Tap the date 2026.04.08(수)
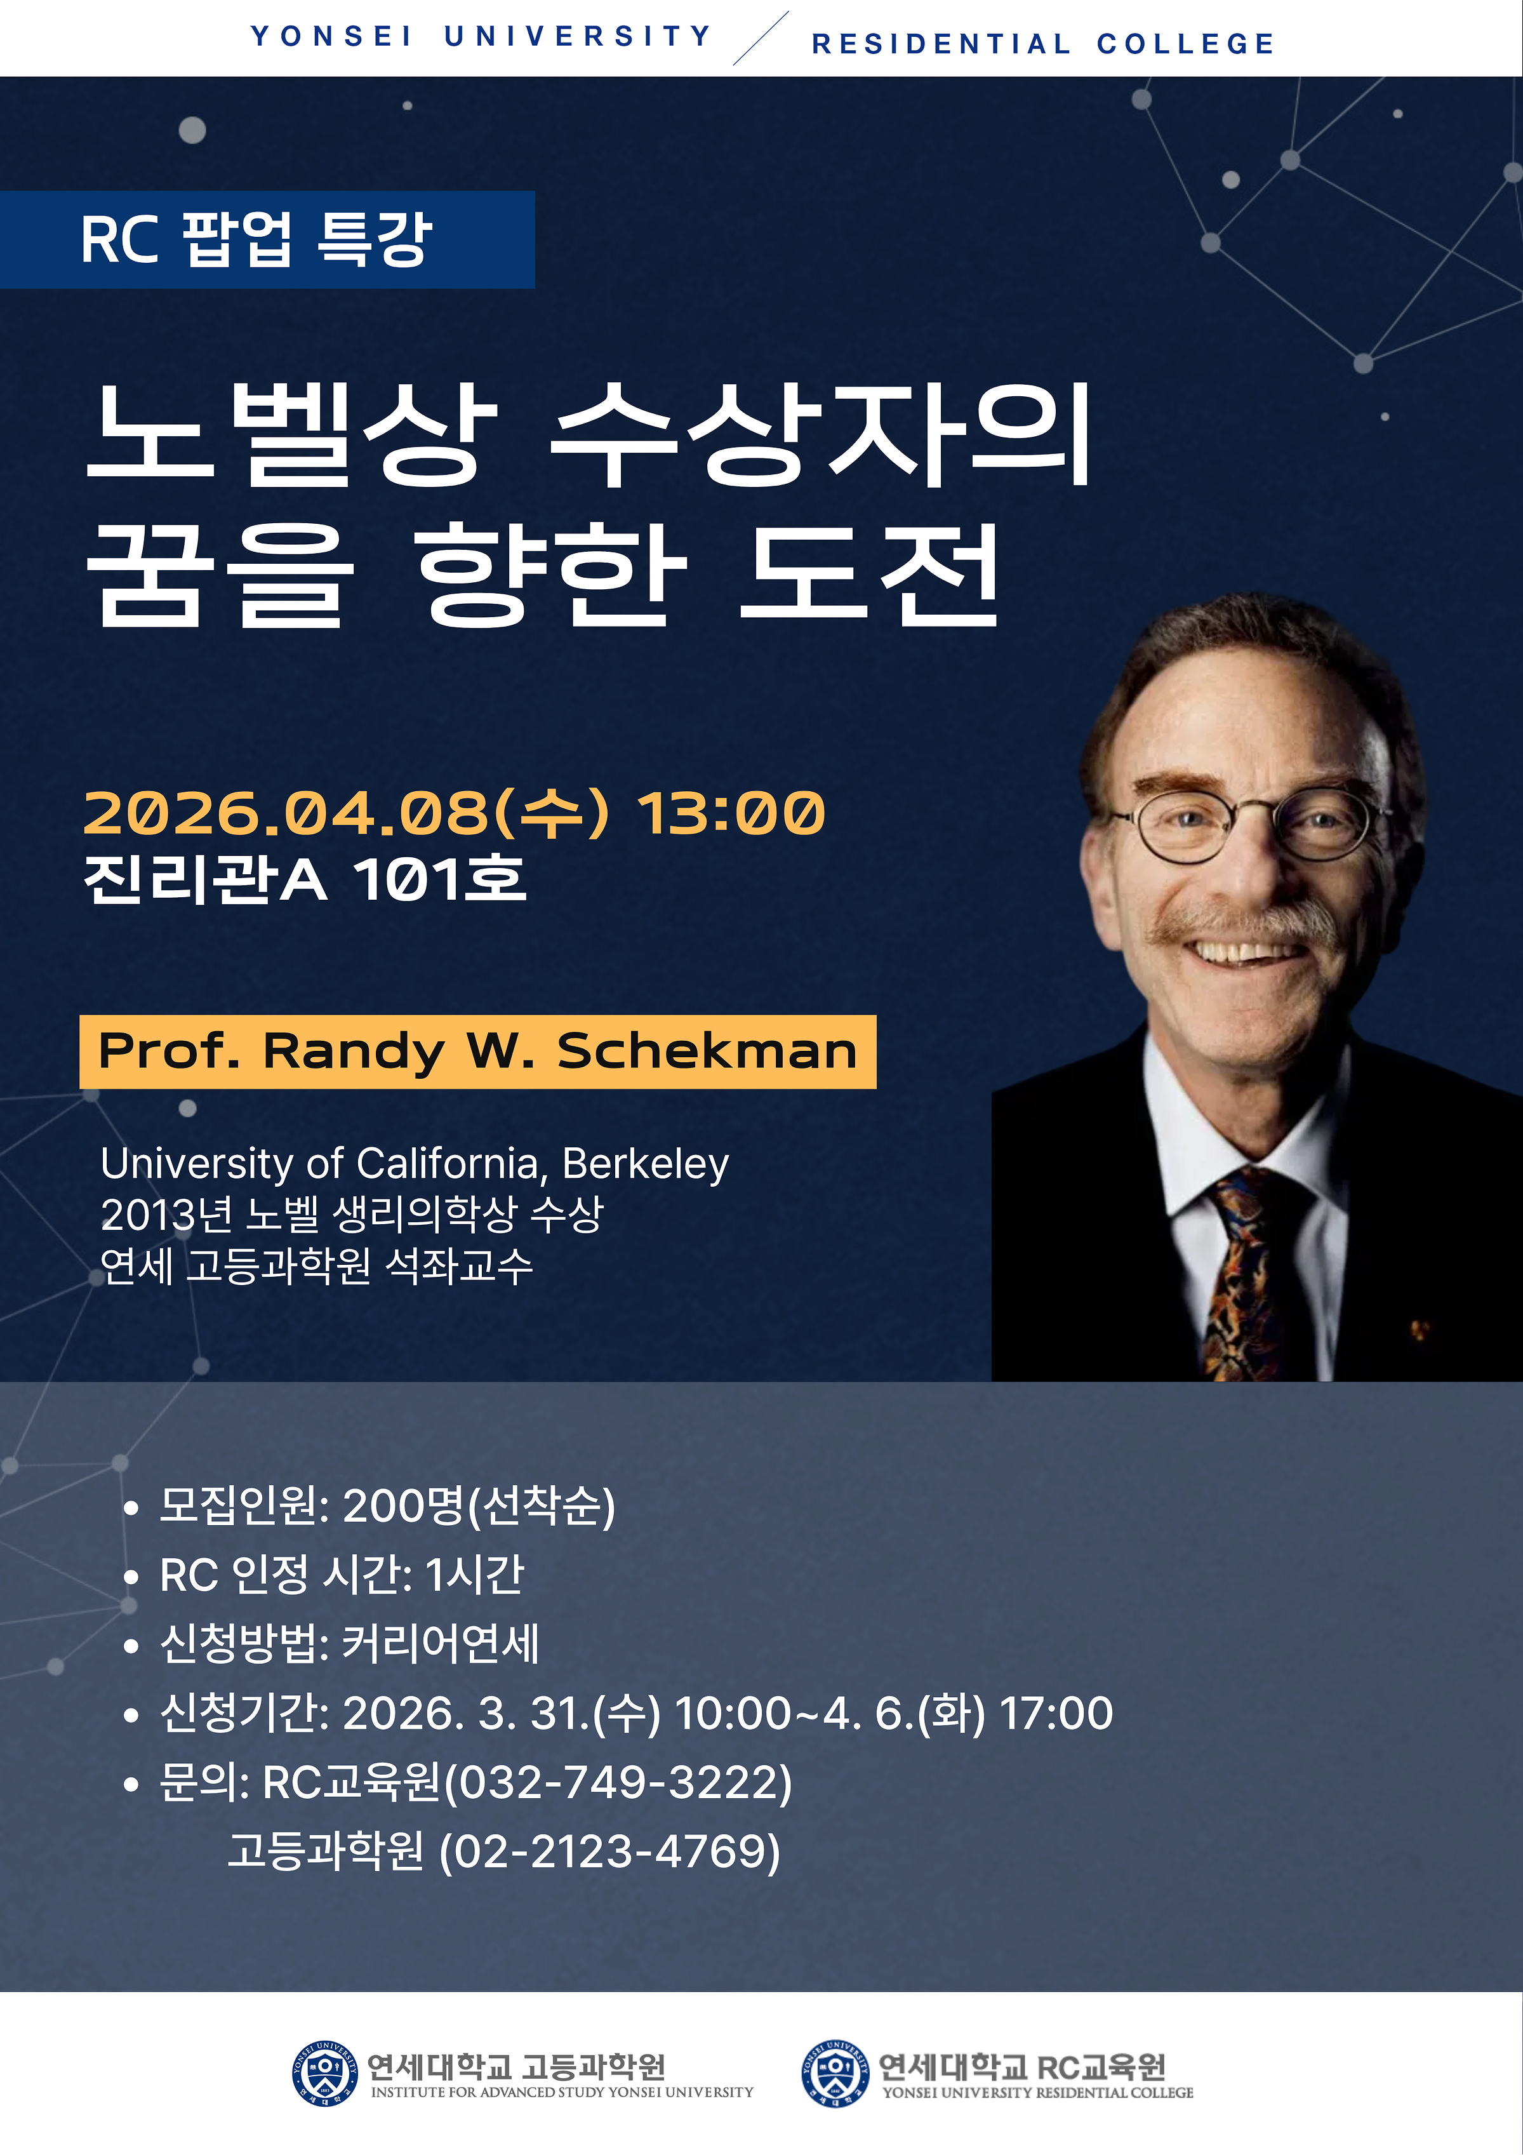click(345, 812)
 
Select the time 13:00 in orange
click(731, 813)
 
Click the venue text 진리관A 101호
click(305, 879)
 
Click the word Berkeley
click(646, 1164)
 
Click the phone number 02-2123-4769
click(609, 1851)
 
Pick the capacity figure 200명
click(404, 1505)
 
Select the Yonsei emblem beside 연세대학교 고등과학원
click(324, 2073)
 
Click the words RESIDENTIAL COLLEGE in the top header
click(1042, 44)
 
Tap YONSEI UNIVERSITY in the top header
click(481, 37)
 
